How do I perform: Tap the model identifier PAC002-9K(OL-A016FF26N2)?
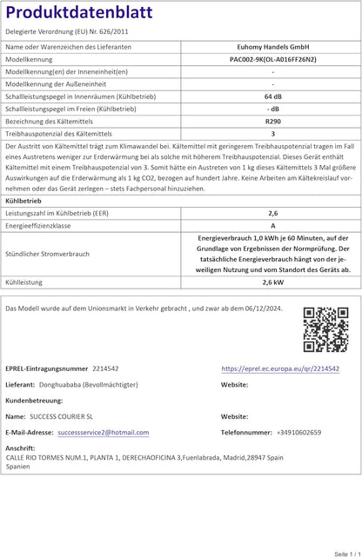[x=272, y=58]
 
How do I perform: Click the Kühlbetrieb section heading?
[x=23, y=200]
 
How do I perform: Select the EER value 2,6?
[x=272, y=212]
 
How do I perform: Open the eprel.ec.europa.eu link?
[x=280, y=368]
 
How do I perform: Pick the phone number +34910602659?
[x=298, y=432]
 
